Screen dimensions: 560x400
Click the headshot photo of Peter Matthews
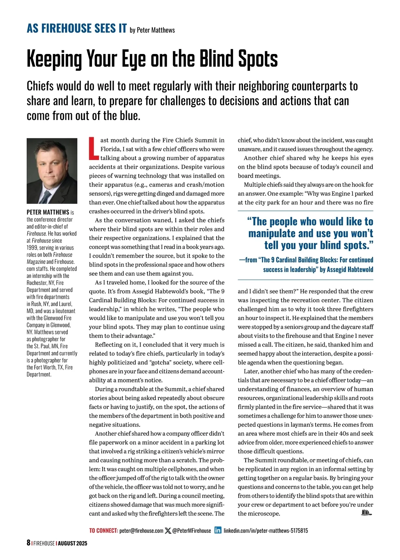[x=52, y=171]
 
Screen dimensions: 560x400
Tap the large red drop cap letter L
[x=94, y=148]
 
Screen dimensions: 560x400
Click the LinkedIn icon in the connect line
[x=218, y=530]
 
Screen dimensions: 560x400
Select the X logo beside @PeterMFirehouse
[x=168, y=530]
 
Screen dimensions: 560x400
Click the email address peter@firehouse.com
[x=141, y=530]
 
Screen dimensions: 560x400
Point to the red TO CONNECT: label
[x=103, y=530]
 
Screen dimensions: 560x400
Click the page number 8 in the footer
[x=29, y=543]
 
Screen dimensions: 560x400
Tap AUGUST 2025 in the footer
[x=72, y=543]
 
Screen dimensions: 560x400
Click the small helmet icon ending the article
[x=366, y=513]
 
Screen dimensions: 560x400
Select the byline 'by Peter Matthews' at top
[x=152, y=30]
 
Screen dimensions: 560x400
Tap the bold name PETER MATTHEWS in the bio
[x=48, y=212]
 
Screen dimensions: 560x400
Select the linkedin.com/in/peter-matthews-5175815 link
[x=266, y=530]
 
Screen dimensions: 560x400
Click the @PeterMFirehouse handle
[x=192, y=530]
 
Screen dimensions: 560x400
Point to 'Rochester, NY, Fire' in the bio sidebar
[x=45, y=283]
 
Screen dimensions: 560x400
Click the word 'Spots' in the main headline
[x=258, y=59]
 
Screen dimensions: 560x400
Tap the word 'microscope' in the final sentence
[x=263, y=514]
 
